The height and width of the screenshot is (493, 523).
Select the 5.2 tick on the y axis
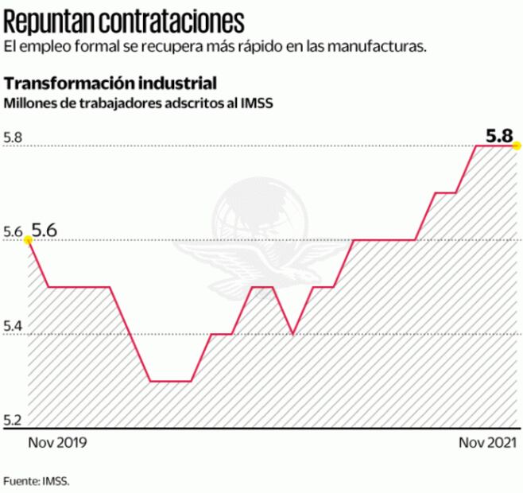(x=13, y=420)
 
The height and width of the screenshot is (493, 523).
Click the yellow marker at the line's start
(x=29, y=239)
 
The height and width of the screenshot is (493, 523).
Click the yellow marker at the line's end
(x=517, y=146)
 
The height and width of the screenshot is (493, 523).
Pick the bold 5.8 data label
(x=499, y=134)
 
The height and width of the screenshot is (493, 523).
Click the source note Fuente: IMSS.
(x=37, y=481)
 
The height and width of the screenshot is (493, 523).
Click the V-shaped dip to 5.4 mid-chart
(x=293, y=333)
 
